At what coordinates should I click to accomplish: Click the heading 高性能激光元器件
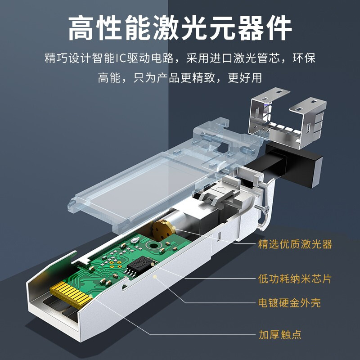[x=180, y=28]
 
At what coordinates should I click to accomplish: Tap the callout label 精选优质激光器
[x=295, y=244]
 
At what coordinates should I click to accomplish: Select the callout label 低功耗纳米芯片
[x=295, y=279]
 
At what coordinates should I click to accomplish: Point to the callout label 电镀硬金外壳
[x=289, y=303]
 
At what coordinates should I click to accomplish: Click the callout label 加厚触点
[x=280, y=334]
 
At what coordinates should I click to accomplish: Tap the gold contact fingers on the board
[x=71, y=294]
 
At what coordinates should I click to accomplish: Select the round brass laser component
[x=163, y=230]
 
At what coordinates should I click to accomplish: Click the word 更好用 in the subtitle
[x=245, y=77]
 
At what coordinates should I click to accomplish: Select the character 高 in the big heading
[x=81, y=28]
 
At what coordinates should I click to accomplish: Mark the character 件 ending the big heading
[x=279, y=28]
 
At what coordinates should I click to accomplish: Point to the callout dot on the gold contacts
[x=91, y=296]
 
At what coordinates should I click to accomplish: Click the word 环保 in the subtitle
[x=304, y=58]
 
